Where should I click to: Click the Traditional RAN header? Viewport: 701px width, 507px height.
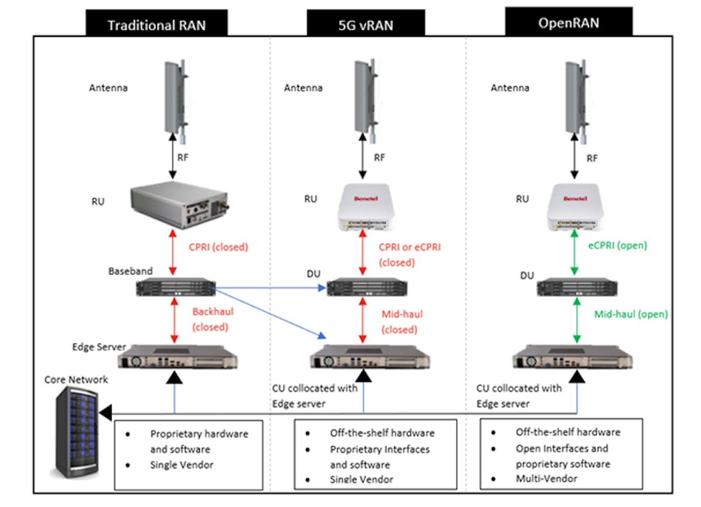pyautogui.click(x=157, y=25)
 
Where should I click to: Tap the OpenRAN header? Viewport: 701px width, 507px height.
pyautogui.click(x=568, y=23)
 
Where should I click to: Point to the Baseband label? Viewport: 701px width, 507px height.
pyautogui.click(x=130, y=271)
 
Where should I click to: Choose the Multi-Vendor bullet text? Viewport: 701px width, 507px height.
pyautogui.click(x=546, y=478)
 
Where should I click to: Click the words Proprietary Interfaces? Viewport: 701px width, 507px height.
pyautogui.click(x=379, y=449)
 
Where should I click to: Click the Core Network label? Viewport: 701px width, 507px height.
pyautogui.click(x=77, y=380)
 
